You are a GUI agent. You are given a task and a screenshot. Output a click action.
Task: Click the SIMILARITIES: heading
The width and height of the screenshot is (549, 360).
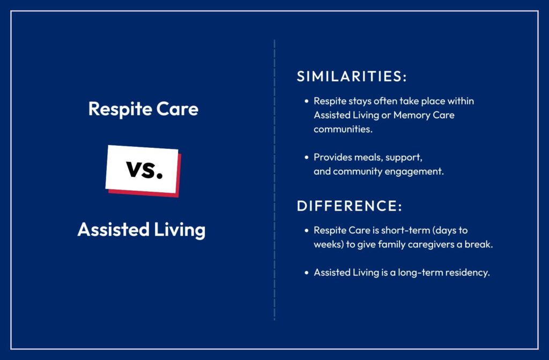[352, 76]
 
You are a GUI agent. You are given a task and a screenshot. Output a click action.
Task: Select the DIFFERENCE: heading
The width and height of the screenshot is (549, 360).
[349, 206]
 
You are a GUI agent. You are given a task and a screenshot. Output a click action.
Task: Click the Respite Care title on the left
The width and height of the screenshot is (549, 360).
[143, 109]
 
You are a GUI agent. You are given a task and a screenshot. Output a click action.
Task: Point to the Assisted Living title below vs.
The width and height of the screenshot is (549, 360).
[142, 230]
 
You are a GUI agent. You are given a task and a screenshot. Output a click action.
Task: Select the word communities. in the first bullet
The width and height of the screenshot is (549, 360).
[343, 129]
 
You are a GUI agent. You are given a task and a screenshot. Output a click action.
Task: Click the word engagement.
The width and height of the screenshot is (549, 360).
[418, 172]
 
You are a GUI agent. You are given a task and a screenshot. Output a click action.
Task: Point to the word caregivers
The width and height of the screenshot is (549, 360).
[434, 244]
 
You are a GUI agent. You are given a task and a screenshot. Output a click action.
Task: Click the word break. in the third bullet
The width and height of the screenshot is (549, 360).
[480, 244]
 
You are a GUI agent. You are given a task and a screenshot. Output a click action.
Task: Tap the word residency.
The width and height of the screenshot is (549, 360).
[468, 273]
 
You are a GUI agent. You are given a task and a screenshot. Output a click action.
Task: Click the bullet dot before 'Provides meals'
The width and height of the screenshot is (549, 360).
[307, 157]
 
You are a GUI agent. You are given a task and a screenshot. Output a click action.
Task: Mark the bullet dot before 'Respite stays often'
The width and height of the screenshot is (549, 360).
[307, 101]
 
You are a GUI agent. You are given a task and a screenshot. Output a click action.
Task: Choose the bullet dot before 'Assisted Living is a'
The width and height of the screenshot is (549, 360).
[307, 273]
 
